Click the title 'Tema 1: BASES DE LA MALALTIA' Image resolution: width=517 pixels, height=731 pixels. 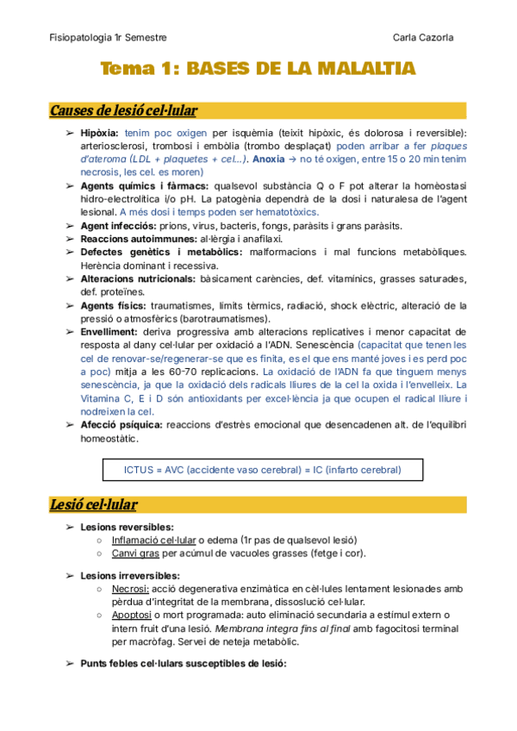pos(258,69)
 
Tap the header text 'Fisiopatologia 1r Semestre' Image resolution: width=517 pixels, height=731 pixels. pos(108,38)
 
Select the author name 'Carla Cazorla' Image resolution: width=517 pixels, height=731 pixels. pos(428,38)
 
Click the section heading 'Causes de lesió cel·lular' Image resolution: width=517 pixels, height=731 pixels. pos(123,110)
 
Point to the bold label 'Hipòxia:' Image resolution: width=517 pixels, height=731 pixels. pos(100,134)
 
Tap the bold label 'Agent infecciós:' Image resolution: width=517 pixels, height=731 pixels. pos(118,226)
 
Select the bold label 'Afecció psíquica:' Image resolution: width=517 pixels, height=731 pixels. pos(121,425)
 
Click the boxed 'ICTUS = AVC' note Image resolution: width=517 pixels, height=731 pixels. pos(251,470)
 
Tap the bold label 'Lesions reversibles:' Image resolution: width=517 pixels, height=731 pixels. pos(127,527)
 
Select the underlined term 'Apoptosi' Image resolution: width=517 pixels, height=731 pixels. pos(132,615)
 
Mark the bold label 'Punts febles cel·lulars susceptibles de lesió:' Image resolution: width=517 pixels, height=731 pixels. pos(183,665)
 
